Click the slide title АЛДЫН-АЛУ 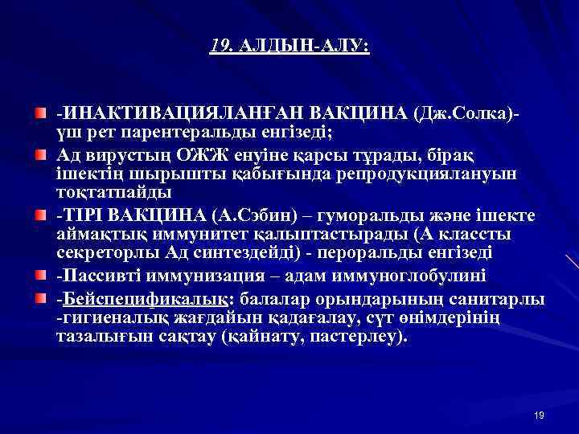pos(303,47)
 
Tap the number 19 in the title pos(219,47)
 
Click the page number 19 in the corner pos(539,415)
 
